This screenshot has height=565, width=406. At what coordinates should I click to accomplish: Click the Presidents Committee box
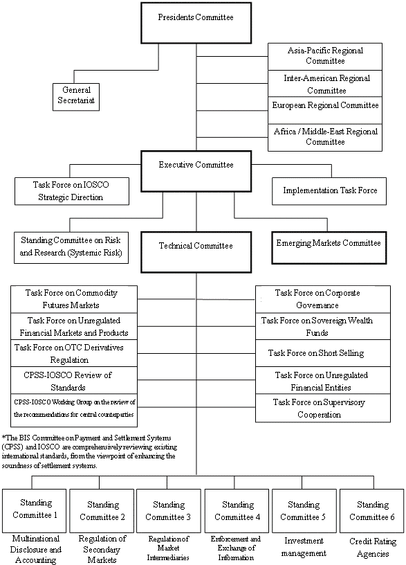(x=196, y=23)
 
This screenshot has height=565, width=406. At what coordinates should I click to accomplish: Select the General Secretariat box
(x=76, y=97)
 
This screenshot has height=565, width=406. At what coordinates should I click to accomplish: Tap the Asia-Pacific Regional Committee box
(x=325, y=57)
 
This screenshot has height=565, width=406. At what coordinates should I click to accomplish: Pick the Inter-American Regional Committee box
(x=325, y=83)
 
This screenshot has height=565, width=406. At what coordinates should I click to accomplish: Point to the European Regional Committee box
(x=325, y=110)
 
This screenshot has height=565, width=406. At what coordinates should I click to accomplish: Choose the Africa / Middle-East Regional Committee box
(x=325, y=137)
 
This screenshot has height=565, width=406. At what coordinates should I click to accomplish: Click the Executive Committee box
(x=196, y=171)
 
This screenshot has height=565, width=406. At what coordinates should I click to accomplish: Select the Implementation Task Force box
(x=329, y=191)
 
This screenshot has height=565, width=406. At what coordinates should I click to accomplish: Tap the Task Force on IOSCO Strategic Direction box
(x=72, y=191)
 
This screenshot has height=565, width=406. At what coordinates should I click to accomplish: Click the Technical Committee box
(x=196, y=252)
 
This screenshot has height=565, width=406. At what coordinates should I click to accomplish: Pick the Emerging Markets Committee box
(x=329, y=248)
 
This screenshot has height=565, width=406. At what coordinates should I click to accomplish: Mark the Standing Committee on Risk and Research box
(x=71, y=248)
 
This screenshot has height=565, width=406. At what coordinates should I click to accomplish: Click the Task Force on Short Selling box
(x=323, y=353)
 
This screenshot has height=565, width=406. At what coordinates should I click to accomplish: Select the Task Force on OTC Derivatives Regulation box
(x=74, y=353)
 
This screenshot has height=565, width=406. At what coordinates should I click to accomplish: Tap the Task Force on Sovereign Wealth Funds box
(x=323, y=326)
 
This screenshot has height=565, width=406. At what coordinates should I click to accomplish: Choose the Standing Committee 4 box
(x=237, y=510)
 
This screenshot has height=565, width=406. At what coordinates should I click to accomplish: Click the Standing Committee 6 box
(x=372, y=510)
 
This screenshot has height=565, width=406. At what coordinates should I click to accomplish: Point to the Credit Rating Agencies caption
(x=373, y=547)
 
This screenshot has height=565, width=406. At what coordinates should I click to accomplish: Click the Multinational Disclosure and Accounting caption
(x=36, y=550)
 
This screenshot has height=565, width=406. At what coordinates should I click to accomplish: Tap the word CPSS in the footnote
(x=9, y=447)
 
